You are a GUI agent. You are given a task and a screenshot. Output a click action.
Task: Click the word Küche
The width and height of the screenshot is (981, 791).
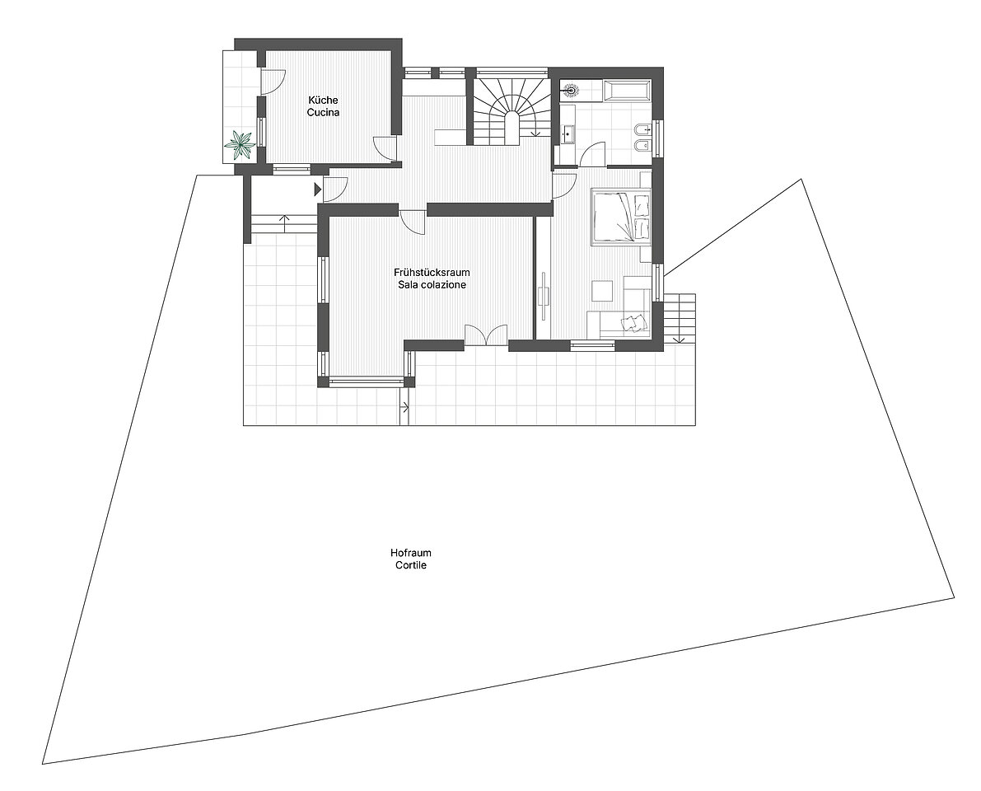323,101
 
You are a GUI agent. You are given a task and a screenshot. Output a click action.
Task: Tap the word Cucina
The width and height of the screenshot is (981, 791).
323,113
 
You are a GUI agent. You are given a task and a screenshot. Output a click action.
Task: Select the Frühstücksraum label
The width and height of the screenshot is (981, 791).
432,273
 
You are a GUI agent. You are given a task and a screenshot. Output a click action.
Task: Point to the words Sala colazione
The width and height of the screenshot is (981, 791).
432,285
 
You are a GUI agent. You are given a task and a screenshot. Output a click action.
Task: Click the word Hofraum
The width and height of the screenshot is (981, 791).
410,553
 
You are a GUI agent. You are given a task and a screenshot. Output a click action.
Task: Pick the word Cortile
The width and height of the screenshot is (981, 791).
410,565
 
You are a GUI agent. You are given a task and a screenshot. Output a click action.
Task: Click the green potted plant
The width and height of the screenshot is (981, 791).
241,144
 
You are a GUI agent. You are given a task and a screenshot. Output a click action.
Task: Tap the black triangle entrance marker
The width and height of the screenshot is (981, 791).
318,188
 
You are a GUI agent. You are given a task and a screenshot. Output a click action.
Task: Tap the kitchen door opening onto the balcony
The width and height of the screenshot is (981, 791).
272,82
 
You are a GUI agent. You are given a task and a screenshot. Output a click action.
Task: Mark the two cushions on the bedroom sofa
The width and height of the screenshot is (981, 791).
631,321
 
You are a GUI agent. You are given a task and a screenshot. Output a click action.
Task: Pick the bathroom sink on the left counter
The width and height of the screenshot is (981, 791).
568,133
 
